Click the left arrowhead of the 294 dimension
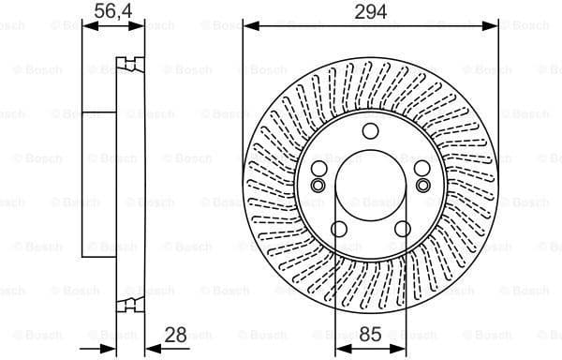coord(248,27)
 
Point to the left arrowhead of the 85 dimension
coord(340,346)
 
